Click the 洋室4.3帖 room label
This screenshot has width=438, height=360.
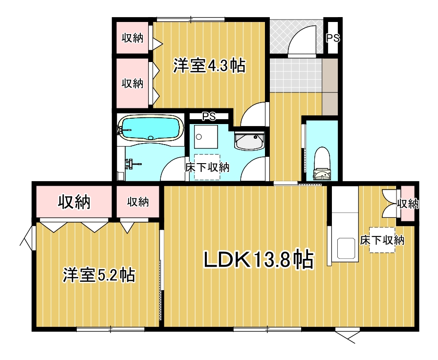209,66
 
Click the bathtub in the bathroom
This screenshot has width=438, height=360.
150,128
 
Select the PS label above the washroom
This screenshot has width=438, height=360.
209,116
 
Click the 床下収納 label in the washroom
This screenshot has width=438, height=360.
207,167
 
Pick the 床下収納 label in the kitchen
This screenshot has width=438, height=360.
382,240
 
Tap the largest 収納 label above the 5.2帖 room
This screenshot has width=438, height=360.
74,201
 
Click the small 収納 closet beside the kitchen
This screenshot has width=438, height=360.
407,203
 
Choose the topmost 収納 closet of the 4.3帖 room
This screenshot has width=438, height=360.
132,38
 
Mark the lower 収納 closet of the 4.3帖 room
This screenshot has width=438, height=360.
132,83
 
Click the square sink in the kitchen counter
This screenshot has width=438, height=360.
347,248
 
